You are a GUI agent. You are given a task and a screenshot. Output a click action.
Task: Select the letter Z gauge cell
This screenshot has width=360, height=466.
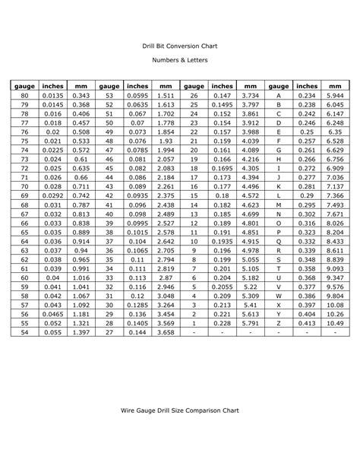click(279, 322)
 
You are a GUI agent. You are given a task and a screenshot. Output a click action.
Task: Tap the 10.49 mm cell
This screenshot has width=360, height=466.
click(334, 322)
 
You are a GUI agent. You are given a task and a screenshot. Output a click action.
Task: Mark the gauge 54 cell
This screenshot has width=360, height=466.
click(25, 333)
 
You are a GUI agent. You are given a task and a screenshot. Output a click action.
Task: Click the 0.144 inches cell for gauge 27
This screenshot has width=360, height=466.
click(137, 333)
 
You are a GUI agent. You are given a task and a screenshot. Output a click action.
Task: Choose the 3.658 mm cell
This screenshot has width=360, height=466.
click(165, 333)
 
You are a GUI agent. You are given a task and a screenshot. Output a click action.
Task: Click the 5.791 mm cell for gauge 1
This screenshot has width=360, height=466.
click(250, 322)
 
